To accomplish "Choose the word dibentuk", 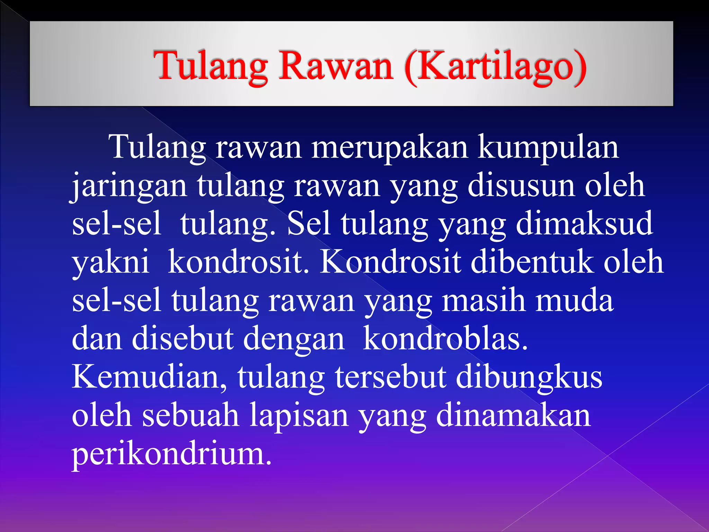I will pos(532,263).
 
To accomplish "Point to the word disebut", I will pos(182,339).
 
